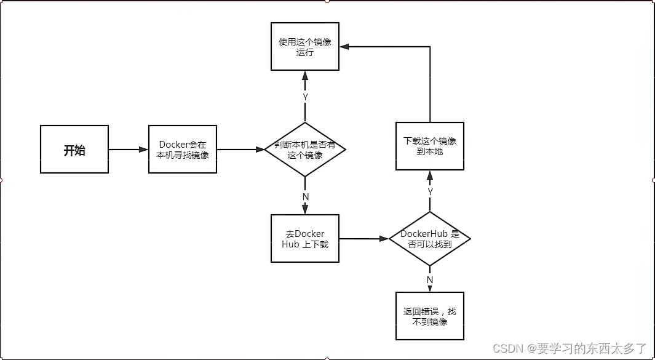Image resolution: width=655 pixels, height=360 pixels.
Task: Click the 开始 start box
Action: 74,150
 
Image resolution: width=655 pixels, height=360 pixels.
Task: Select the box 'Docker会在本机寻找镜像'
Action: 182,150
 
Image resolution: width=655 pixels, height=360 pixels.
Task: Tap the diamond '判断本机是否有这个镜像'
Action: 305,150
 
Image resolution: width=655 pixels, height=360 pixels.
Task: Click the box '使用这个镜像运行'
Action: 305,47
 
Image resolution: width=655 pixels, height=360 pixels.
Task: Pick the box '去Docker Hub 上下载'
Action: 305,239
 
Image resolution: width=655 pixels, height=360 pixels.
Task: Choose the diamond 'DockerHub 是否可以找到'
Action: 430,239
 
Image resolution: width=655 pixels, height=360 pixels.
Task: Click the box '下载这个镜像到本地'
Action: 430,146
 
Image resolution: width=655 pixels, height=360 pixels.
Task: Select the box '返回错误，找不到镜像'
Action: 430,316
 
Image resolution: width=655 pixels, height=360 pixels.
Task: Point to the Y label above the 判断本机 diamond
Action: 305,97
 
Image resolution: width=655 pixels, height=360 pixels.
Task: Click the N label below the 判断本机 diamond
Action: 305,196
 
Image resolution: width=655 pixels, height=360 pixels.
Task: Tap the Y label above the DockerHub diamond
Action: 430,192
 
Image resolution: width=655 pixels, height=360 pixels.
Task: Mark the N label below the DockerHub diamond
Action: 430,279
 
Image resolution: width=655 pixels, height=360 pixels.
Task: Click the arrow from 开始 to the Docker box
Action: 128,150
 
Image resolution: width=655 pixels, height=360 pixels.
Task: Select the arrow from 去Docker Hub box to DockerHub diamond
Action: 363,239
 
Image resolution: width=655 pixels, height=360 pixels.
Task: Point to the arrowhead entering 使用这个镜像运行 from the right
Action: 344,47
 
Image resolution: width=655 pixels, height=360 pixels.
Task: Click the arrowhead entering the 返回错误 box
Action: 430,288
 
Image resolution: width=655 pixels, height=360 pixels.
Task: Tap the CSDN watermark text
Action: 570,348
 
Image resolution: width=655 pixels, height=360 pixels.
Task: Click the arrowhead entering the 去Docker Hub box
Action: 305,210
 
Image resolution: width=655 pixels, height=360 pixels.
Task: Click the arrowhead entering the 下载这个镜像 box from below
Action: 430,175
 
